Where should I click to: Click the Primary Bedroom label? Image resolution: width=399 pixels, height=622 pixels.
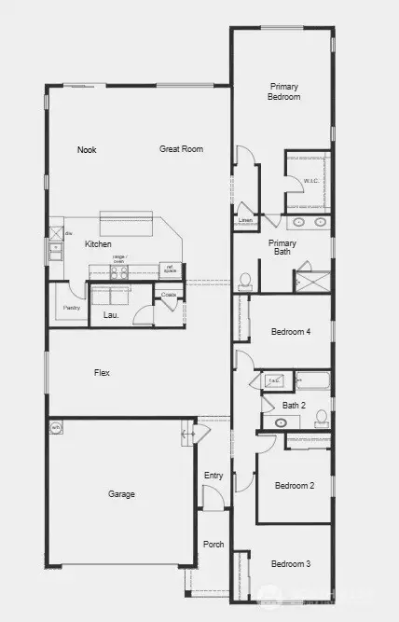(283, 91)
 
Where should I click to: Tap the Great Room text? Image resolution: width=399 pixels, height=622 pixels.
(181, 149)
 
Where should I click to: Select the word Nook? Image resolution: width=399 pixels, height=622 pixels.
(87, 149)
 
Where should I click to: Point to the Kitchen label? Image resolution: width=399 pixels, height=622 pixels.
(98, 244)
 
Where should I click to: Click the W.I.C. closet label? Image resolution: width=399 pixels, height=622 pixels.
(311, 180)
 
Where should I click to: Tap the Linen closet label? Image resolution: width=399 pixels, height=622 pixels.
(245, 221)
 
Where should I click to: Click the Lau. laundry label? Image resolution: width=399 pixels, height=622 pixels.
(108, 315)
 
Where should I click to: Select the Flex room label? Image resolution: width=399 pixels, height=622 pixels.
(102, 373)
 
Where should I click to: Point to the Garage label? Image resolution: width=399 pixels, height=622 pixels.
(120, 494)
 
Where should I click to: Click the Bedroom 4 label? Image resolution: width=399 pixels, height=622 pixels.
(290, 332)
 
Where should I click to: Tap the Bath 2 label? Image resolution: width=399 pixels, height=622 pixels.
(295, 405)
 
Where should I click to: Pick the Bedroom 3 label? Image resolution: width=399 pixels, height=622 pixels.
(290, 564)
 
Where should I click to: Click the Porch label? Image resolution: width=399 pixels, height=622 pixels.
(213, 546)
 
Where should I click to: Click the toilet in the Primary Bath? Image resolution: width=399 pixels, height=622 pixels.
(246, 280)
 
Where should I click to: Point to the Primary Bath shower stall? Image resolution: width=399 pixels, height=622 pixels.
(313, 280)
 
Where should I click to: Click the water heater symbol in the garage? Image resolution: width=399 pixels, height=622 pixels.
(56, 428)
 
